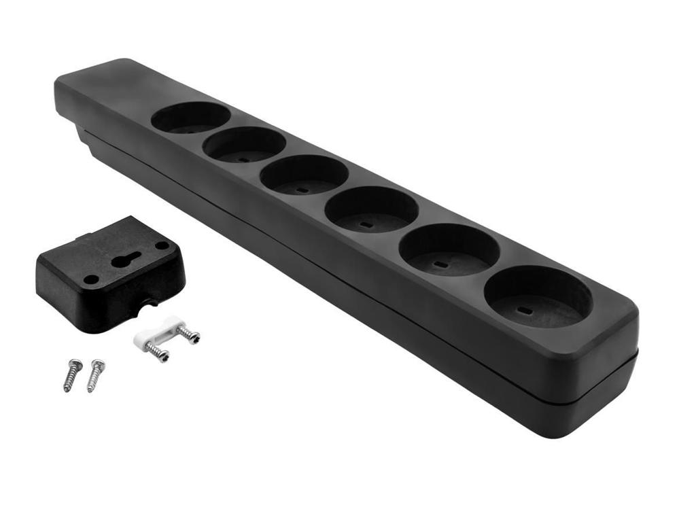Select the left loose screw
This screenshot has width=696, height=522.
click(73, 375)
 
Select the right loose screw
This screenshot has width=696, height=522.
click(96, 375)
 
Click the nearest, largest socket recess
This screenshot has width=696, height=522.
click(538, 297)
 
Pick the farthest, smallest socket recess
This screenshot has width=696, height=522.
click(190, 118)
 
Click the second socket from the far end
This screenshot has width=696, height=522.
click(244, 144)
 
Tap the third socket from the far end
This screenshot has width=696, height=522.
click(304, 175)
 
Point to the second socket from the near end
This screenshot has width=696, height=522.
click(449, 249)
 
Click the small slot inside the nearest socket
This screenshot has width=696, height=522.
click(524, 311)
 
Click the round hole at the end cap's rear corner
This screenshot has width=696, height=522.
click(162, 245)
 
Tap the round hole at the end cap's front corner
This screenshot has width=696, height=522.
click(91, 279)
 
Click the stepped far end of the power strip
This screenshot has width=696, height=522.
click(75, 116)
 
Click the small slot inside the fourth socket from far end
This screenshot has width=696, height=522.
click(365, 224)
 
